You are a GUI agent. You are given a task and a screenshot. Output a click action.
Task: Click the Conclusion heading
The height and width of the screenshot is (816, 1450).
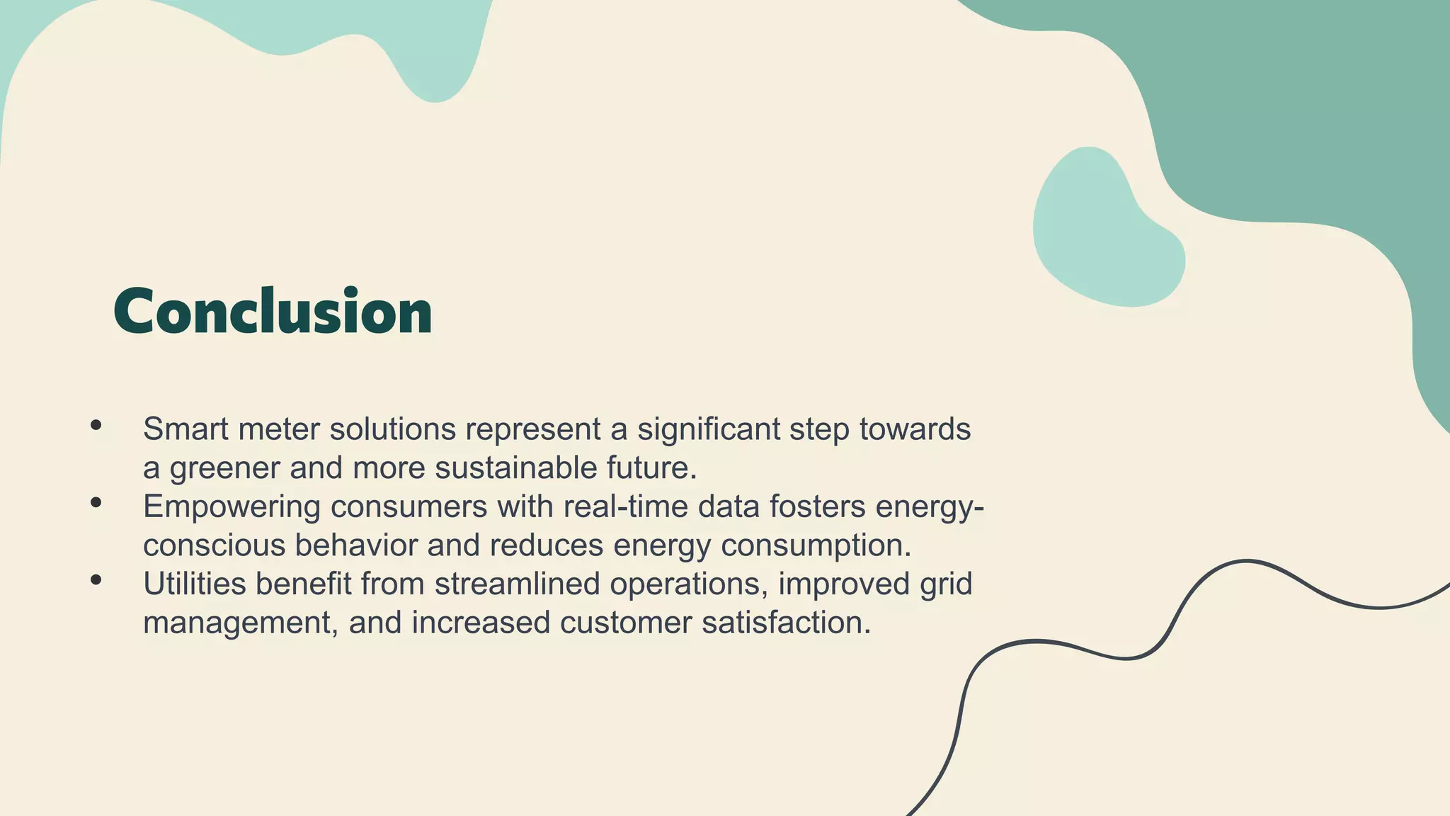[273, 312]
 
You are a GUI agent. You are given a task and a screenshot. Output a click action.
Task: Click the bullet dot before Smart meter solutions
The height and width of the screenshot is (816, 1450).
[96, 426]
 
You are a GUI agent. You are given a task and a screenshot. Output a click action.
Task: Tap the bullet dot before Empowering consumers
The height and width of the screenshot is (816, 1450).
[96, 503]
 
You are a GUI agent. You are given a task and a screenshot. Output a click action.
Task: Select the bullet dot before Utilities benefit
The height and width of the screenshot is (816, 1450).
[96, 580]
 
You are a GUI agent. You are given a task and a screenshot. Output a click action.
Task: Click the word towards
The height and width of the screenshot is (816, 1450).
[915, 429]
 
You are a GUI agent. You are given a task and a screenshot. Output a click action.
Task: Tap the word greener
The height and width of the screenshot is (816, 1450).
[224, 468]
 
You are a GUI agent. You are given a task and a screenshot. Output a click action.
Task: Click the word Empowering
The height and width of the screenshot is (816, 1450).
[232, 506]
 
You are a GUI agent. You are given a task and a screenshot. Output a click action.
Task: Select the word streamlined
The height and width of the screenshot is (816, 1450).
[517, 584]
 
